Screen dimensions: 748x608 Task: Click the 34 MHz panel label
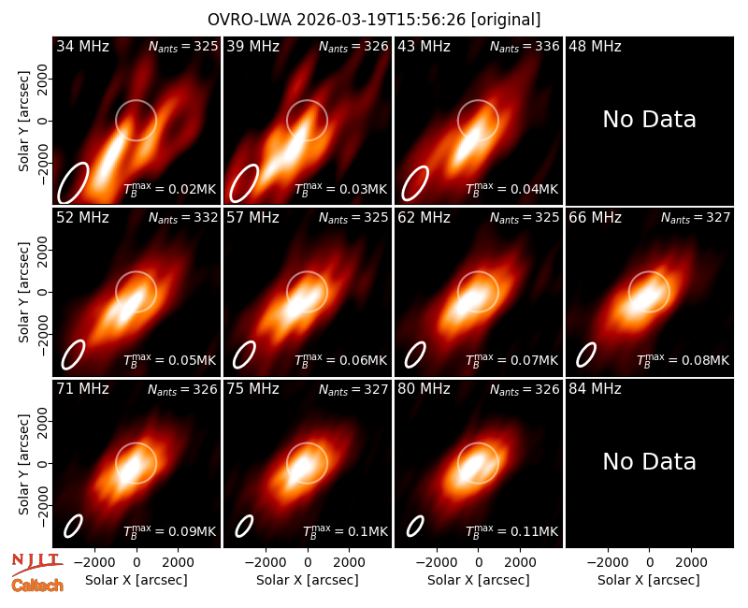[82, 46]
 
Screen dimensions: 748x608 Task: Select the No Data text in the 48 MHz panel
[649, 120]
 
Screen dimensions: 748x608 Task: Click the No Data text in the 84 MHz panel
[649, 461]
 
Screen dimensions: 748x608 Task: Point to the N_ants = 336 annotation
[525, 47]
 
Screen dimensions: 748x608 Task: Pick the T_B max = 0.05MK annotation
[170, 360]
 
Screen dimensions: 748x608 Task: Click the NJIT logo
[36, 563]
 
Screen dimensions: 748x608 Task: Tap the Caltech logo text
[37, 586]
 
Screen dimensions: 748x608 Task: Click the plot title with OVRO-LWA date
[374, 20]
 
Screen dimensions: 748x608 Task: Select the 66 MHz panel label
[595, 218]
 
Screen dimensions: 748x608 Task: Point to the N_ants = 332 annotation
[183, 218]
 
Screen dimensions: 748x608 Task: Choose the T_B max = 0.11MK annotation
[511, 531]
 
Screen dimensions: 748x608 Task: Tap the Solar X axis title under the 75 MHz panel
[308, 580]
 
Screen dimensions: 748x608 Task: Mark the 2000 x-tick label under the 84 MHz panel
[691, 563]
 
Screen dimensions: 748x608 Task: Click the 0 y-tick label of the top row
[44, 121]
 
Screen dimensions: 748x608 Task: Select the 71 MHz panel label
[82, 389]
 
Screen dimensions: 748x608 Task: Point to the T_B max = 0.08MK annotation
[683, 360]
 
